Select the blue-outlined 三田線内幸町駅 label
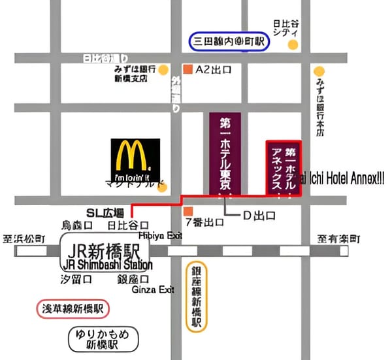point(229,42)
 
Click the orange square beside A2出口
point(188,69)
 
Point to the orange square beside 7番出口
point(188,212)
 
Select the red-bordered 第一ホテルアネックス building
point(283,167)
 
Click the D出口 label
point(259,215)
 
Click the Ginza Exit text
point(153,289)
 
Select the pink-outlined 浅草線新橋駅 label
point(73,308)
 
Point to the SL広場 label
point(105,212)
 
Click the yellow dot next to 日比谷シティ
point(293,44)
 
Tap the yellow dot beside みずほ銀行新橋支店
point(163,69)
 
